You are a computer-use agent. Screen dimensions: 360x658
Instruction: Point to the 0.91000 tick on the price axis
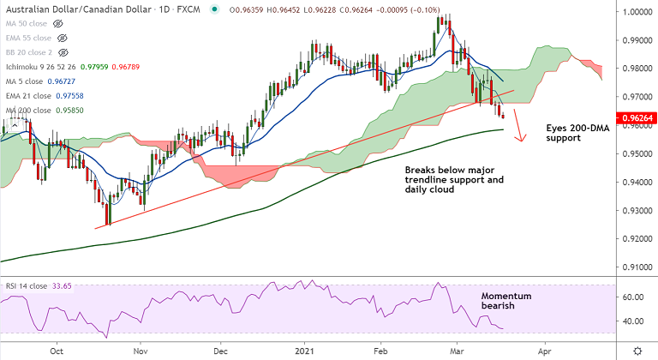pyautogui.click(x=636, y=267)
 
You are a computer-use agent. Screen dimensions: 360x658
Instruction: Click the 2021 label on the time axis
pyautogui.click(x=308, y=351)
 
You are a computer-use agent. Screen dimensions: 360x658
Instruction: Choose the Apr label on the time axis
pyautogui.click(x=543, y=351)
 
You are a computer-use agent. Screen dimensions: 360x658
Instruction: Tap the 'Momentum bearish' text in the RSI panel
pyautogui.click(x=506, y=301)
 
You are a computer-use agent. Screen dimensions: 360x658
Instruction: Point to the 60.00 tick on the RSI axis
pyautogui.click(x=632, y=297)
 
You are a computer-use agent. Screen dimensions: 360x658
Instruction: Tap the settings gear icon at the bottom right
pyautogui.click(x=636, y=351)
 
